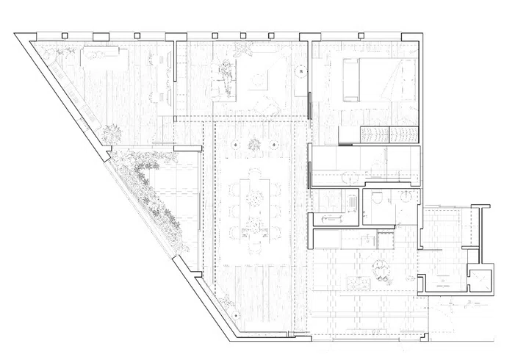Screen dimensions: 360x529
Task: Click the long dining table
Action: [255, 201]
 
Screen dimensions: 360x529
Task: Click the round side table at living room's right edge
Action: [301, 72]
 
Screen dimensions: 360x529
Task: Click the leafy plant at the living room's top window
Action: [244, 49]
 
